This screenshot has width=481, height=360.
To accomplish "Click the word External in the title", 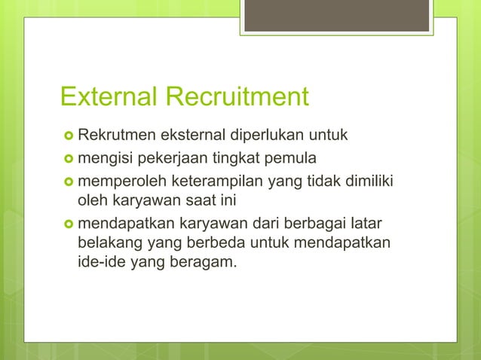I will pyautogui.click(x=108, y=98).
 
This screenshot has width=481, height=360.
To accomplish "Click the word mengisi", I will pyautogui.click(x=104, y=159).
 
